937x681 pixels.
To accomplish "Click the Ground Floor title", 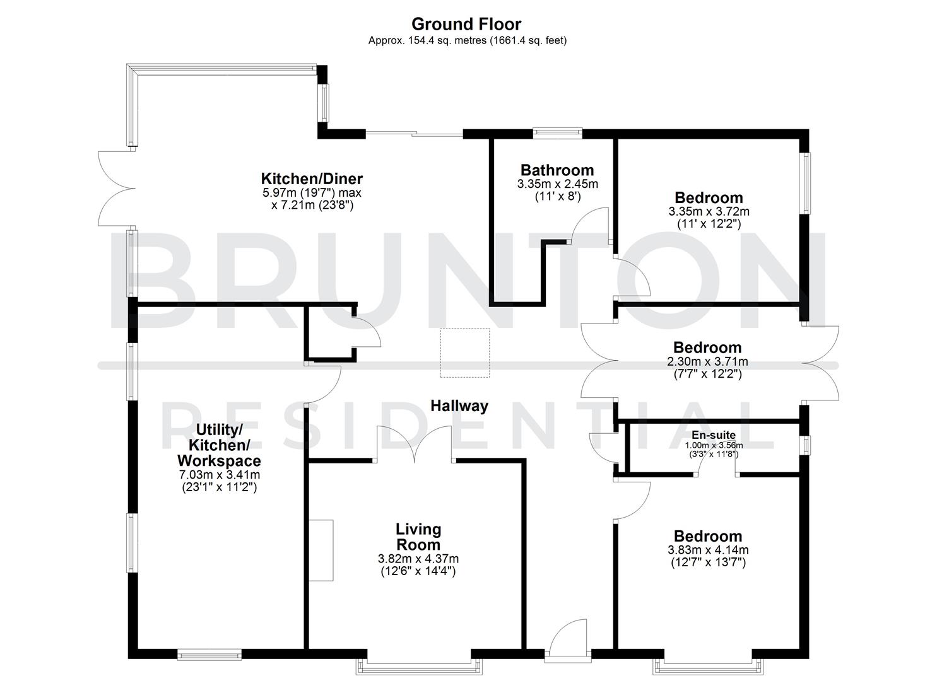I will point(466,24).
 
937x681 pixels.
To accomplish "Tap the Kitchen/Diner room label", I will point(312,178).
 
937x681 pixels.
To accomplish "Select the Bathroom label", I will point(557,170).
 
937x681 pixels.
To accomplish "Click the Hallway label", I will point(459,405).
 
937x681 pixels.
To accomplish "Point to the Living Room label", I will point(418,537).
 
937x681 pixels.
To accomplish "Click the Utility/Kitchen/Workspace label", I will point(219,445).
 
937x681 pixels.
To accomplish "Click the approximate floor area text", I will point(467,40).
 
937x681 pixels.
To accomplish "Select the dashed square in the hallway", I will point(465,353).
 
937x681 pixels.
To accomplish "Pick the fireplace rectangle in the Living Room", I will point(321,550).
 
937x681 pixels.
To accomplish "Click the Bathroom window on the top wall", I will point(557,132).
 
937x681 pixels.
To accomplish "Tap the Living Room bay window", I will point(419,664).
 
